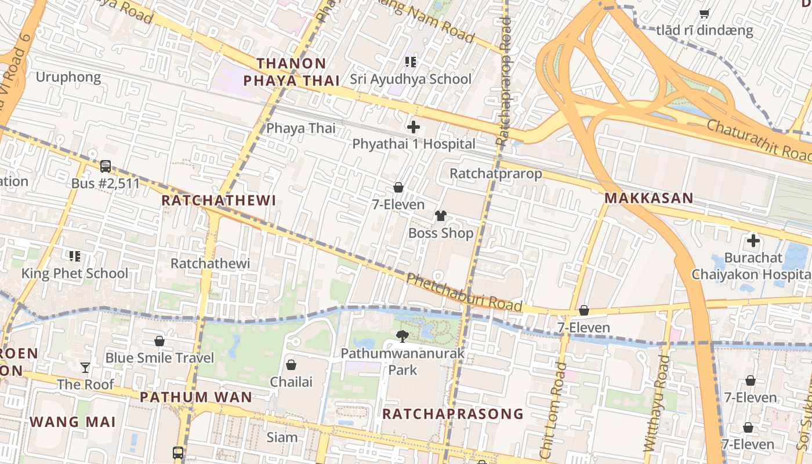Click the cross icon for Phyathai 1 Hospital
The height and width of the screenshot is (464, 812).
(414, 126)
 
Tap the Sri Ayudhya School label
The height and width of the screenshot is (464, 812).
(411, 79)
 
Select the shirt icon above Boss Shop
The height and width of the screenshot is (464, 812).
(441, 216)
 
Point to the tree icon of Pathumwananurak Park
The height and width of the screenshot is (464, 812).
(402, 336)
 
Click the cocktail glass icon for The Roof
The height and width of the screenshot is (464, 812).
(85, 367)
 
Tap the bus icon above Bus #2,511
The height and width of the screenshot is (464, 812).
(106, 166)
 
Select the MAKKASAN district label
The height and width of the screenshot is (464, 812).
(648, 198)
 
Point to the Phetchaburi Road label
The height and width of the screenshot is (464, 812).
(464, 292)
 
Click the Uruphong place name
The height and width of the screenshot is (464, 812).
(68, 77)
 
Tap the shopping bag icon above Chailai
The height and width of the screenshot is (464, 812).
(291, 365)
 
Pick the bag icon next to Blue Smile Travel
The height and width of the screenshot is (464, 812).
(159, 341)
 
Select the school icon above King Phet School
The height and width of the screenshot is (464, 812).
(74, 256)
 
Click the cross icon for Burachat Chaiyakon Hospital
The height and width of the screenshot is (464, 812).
(753, 240)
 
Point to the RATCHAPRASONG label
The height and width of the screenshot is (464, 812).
(452, 414)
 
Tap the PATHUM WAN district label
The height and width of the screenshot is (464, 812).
(196, 397)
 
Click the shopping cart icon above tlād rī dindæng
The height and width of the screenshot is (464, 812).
(705, 13)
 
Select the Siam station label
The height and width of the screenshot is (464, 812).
(282, 437)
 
